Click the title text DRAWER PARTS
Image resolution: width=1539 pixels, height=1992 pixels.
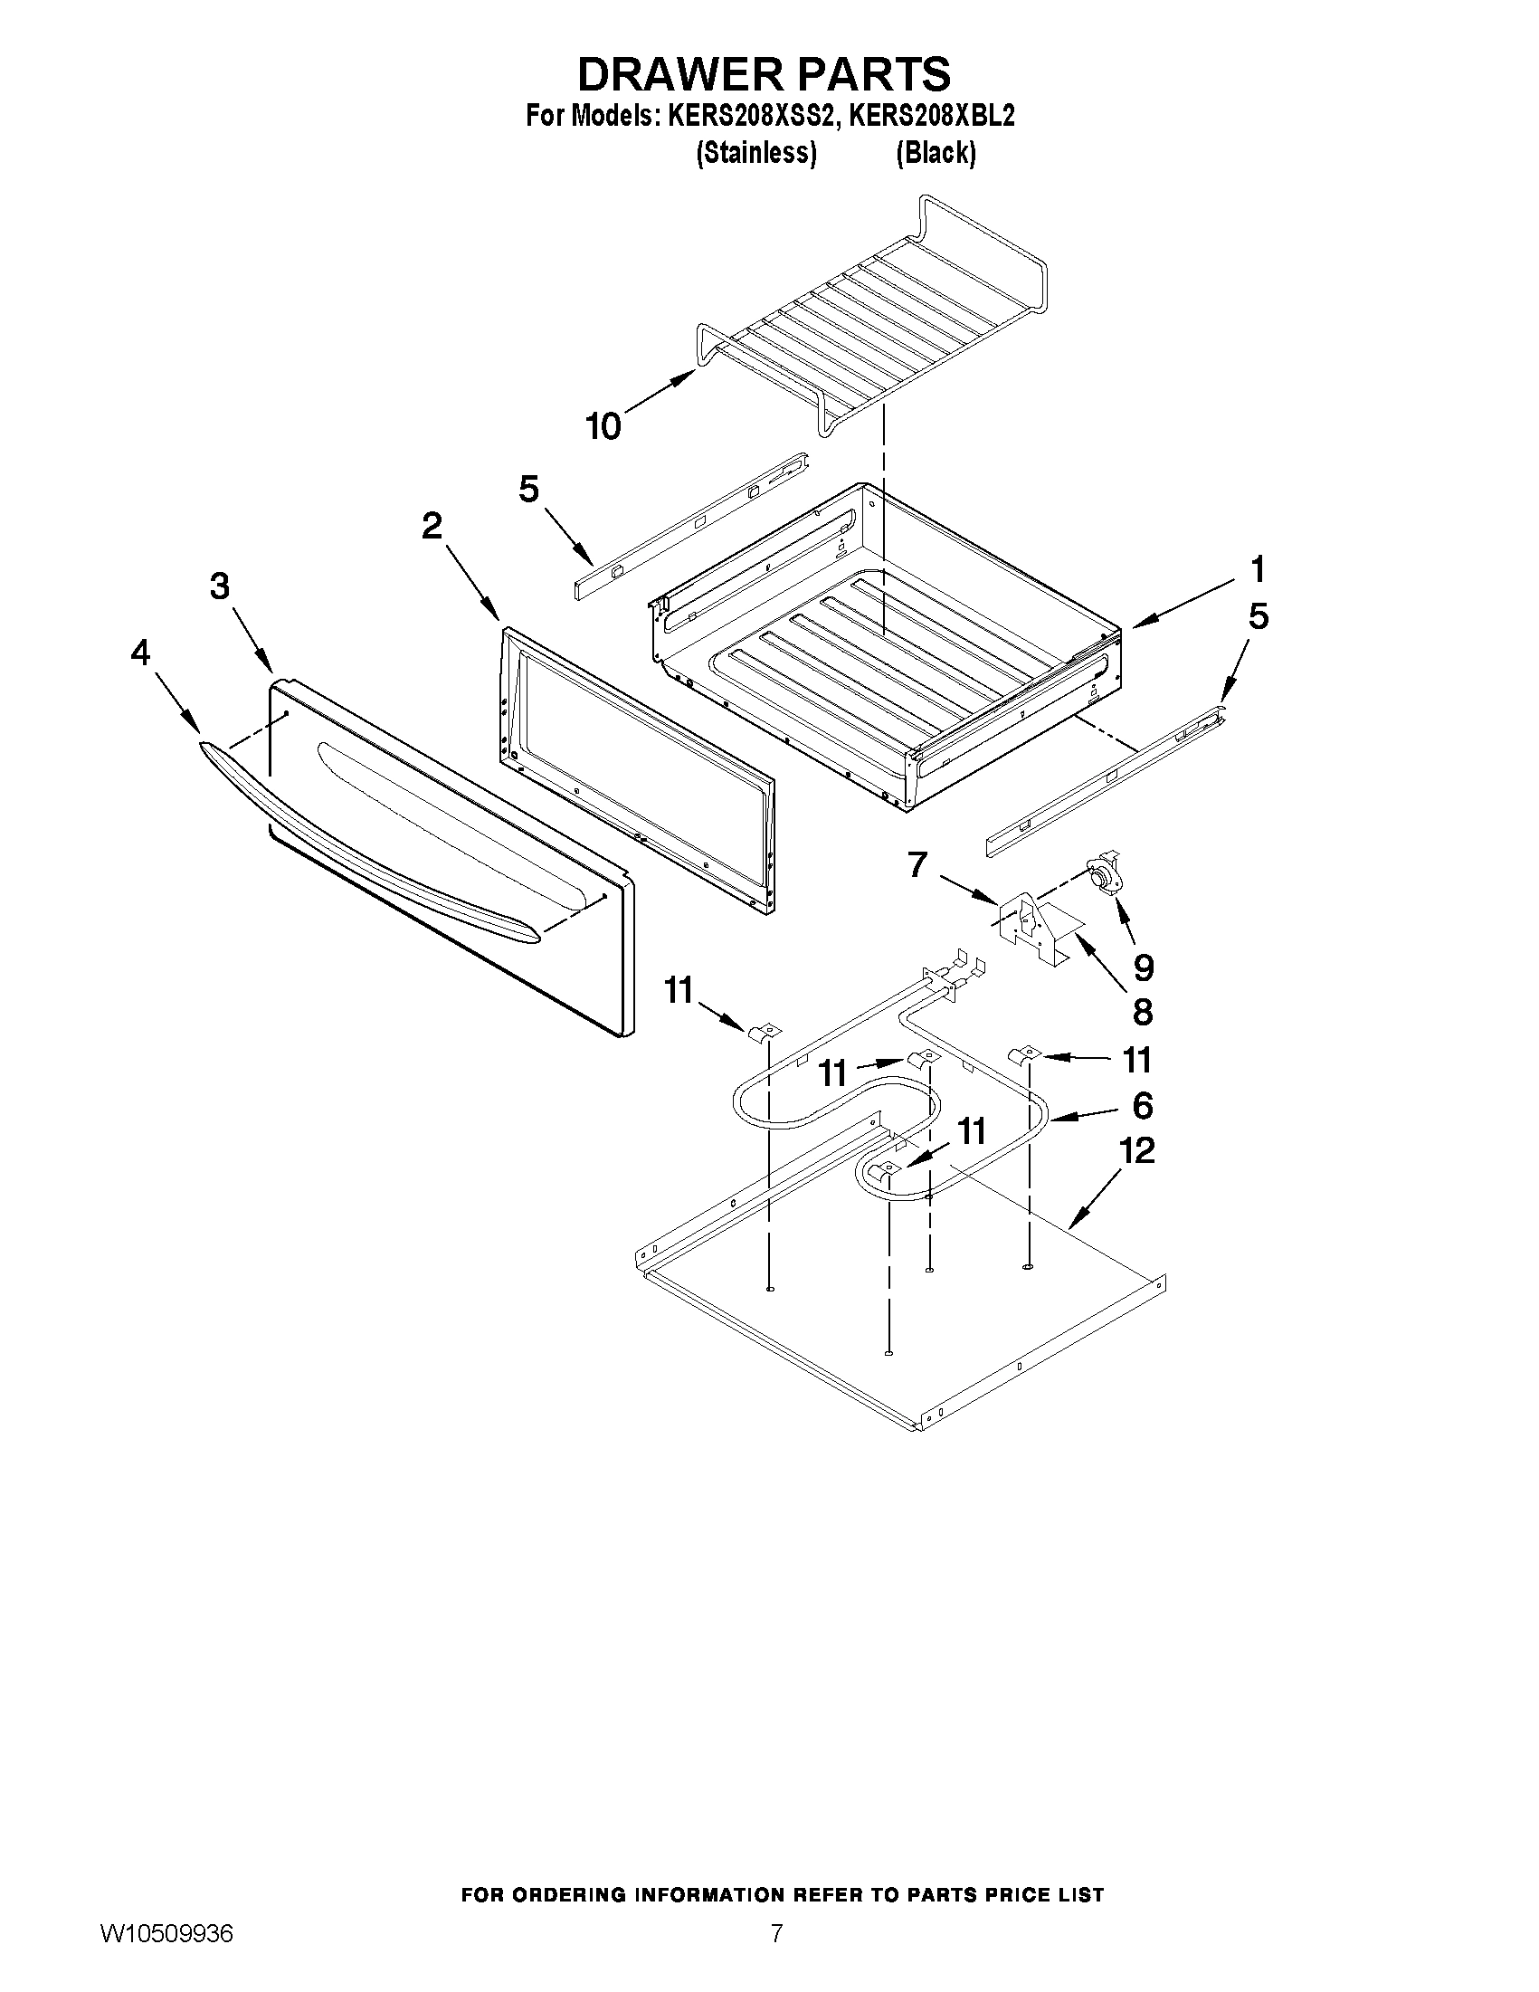coord(764,73)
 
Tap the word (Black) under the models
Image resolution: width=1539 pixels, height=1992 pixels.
coord(936,152)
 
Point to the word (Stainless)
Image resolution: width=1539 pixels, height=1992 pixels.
coord(755,152)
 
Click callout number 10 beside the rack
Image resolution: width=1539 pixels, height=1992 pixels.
coord(603,426)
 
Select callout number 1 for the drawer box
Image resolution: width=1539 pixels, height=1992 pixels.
coord(1258,570)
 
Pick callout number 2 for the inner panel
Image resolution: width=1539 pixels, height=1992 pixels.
coord(432,525)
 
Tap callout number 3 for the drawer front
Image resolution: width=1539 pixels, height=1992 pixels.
coord(220,586)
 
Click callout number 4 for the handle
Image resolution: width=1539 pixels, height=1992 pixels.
coord(139,653)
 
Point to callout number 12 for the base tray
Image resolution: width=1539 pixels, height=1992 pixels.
coord(1136,1151)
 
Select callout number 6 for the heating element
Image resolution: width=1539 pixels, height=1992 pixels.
coord(1143,1105)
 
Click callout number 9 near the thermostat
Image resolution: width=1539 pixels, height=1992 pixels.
coord(1143,967)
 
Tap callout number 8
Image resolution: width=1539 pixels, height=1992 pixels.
coord(1142,1012)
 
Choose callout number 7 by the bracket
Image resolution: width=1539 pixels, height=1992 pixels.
coord(917,863)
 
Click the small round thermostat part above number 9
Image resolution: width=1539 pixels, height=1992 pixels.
coord(1104,872)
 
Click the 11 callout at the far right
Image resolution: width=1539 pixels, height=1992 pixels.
coord(1137,1060)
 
